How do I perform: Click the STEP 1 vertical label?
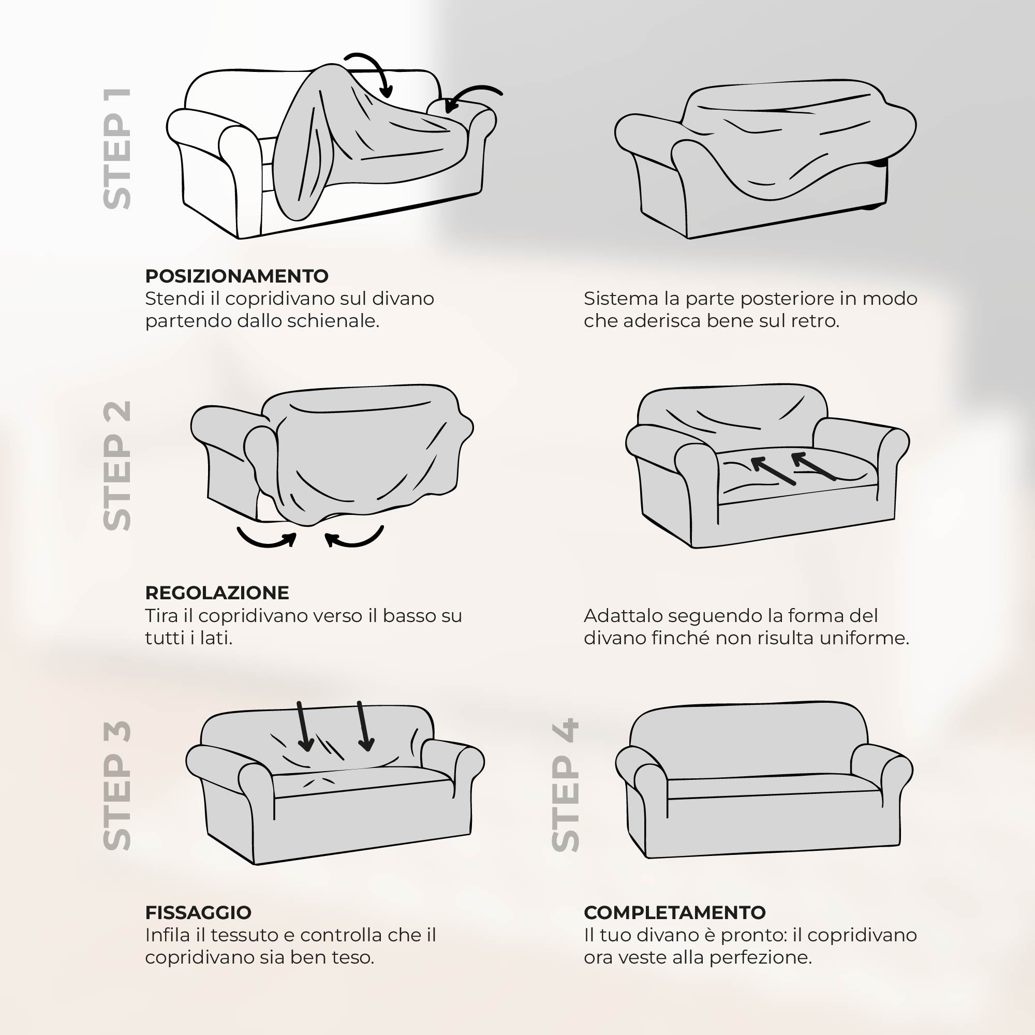(x=117, y=149)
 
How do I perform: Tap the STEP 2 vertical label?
(x=117, y=466)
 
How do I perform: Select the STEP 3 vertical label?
(x=117, y=786)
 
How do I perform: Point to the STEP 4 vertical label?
(x=566, y=786)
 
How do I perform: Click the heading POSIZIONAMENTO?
(x=237, y=276)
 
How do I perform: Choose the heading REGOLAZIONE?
(x=217, y=593)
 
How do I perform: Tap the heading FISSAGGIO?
(x=198, y=912)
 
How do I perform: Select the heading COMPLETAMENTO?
(x=675, y=912)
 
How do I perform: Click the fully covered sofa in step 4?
(x=763, y=779)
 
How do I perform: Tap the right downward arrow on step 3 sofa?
(x=364, y=726)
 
